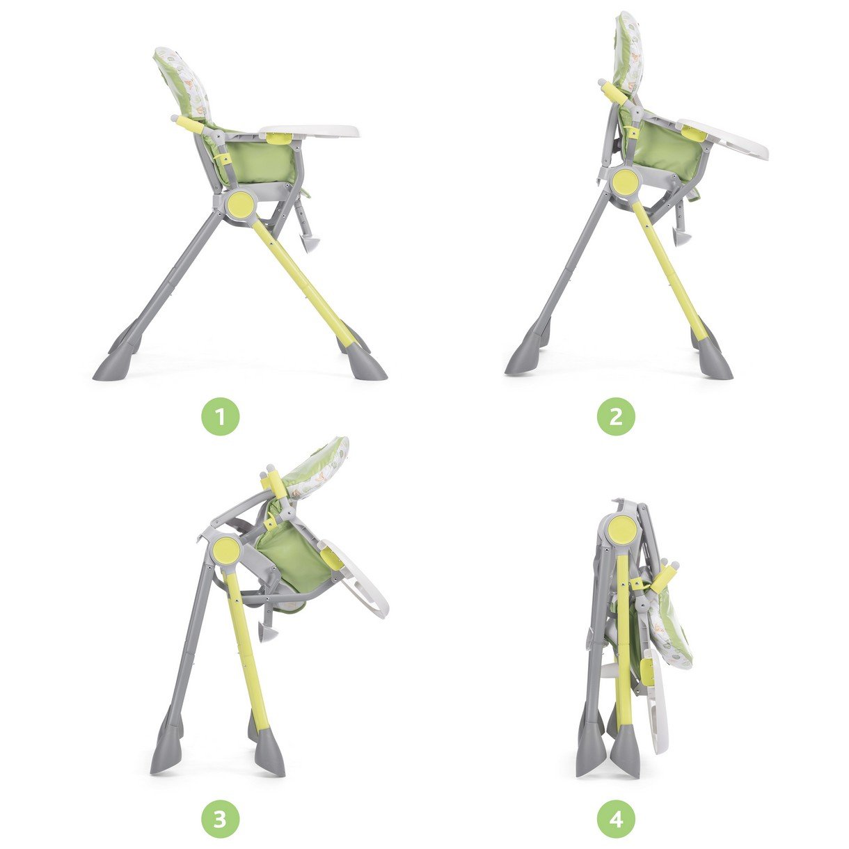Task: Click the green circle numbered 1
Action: click(221, 417)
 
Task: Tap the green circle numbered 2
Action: click(617, 417)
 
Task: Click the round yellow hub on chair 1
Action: click(241, 203)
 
